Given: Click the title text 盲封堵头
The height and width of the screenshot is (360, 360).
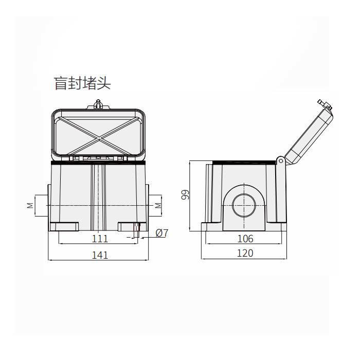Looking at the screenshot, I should [x=82, y=83].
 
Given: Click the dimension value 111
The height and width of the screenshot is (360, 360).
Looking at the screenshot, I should [x=100, y=239].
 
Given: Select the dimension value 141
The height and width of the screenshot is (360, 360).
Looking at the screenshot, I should [x=100, y=255].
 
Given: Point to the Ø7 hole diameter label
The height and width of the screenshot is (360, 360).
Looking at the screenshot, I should [x=161, y=233].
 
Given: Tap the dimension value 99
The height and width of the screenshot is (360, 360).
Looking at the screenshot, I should [x=186, y=195].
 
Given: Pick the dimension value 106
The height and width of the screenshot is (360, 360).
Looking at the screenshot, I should [x=246, y=239].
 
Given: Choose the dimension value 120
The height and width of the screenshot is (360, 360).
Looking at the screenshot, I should [x=245, y=253].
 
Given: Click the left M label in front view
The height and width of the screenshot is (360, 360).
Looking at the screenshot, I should [x=29, y=205].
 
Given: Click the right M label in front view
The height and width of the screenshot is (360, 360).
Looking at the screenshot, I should [x=158, y=205].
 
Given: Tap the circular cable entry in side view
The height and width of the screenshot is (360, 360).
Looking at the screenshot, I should [x=243, y=205].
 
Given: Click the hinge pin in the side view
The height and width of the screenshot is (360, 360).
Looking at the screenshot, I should [x=281, y=160].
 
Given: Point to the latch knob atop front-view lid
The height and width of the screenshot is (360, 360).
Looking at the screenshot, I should [x=99, y=104].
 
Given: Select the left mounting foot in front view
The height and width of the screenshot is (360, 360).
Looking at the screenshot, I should [x=64, y=226].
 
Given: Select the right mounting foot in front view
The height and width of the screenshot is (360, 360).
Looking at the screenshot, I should [x=130, y=226].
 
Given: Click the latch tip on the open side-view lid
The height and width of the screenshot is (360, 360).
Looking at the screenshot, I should [x=325, y=104].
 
